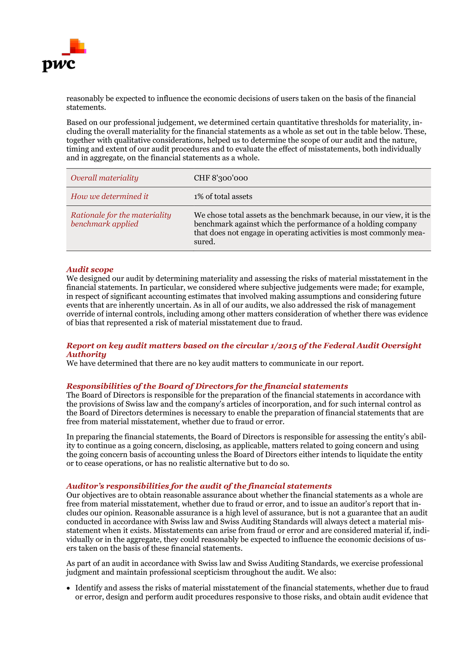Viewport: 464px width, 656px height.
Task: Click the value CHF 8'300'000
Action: [x=221, y=178]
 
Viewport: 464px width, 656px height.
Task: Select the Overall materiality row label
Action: [x=104, y=178]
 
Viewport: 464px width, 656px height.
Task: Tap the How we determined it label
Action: [x=110, y=196]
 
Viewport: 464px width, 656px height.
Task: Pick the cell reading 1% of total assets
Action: [x=223, y=196]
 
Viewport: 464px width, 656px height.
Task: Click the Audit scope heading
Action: [x=90, y=269]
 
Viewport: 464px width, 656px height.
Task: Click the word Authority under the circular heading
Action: [x=86, y=354]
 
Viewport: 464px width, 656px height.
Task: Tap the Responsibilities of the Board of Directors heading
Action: [x=207, y=386]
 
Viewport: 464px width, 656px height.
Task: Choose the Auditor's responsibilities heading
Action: [x=199, y=486]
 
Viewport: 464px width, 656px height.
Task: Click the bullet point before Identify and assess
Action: [x=68, y=588]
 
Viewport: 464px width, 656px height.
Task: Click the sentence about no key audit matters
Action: [x=215, y=363]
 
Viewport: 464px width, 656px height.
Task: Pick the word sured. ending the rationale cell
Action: [x=204, y=242]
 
